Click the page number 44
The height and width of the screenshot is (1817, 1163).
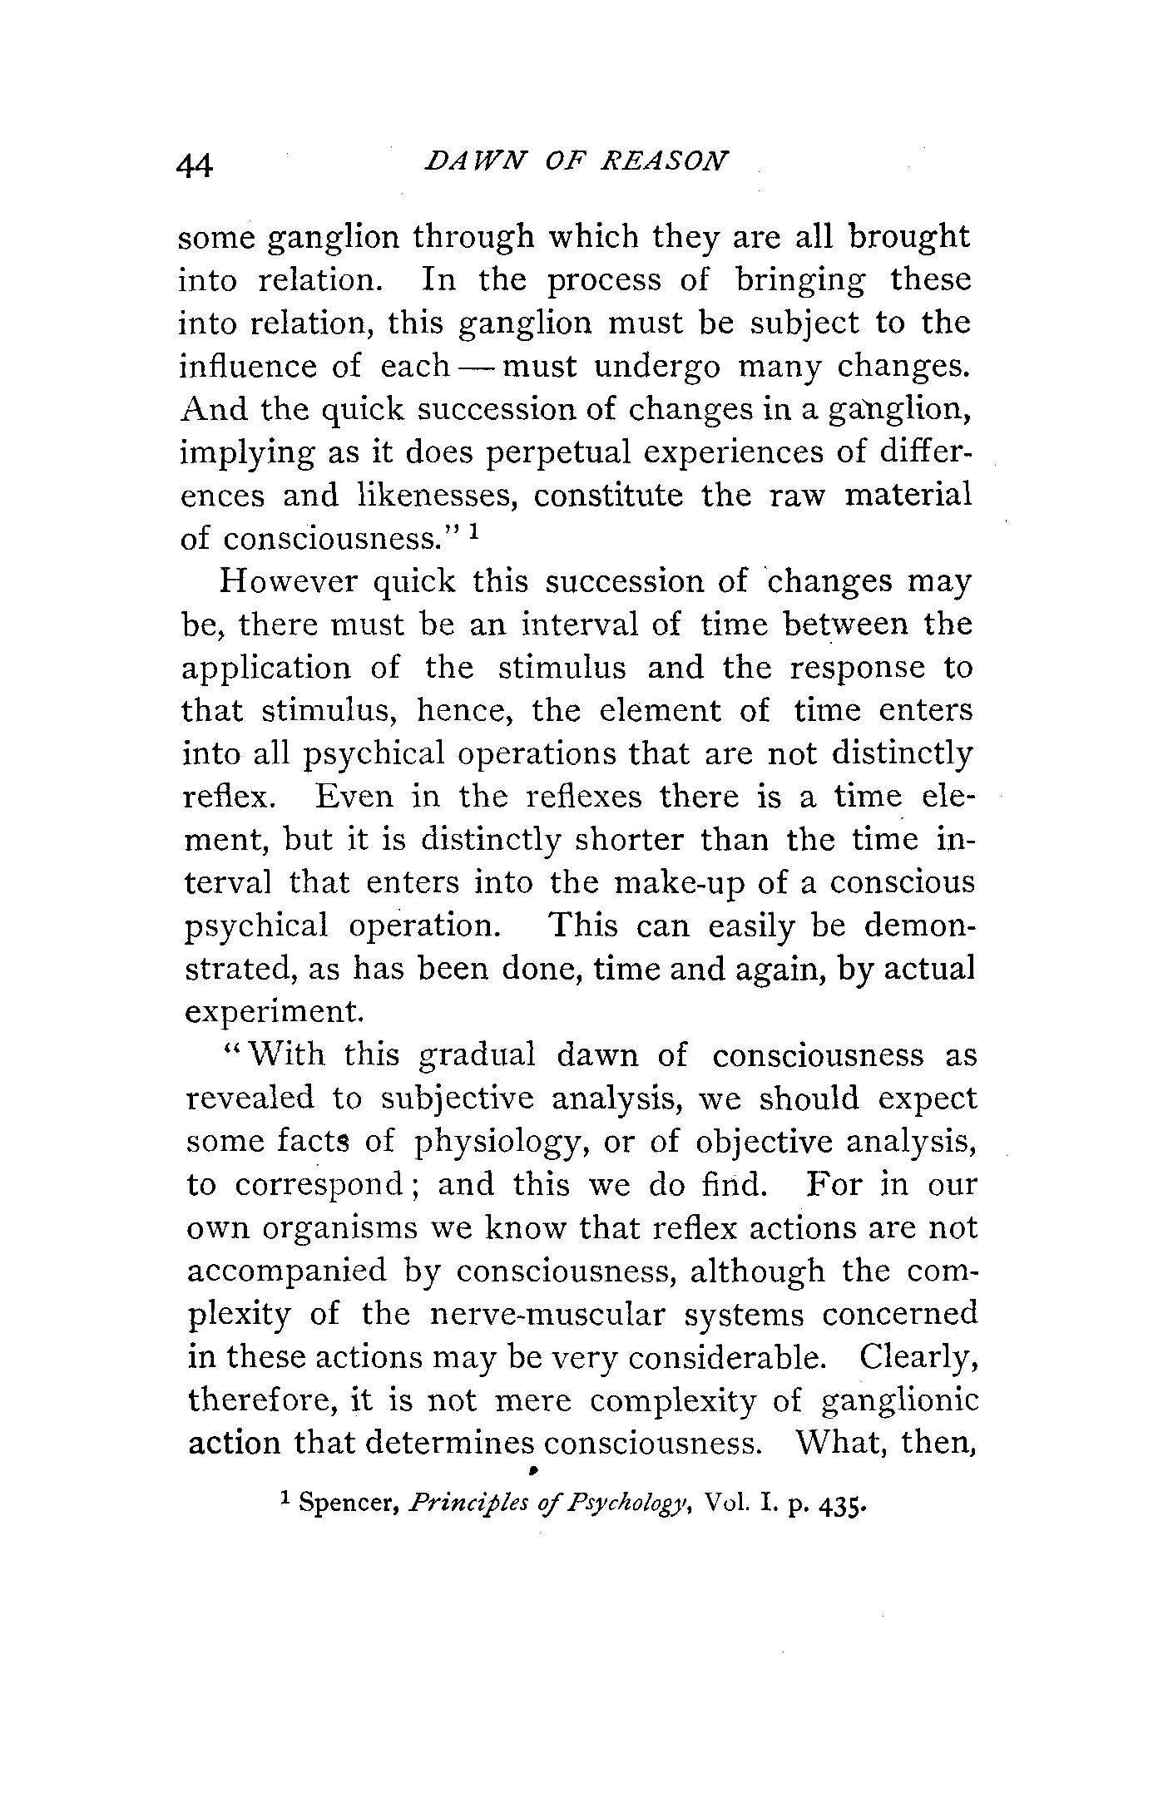coord(195,165)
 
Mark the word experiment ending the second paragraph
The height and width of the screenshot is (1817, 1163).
coord(274,1012)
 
